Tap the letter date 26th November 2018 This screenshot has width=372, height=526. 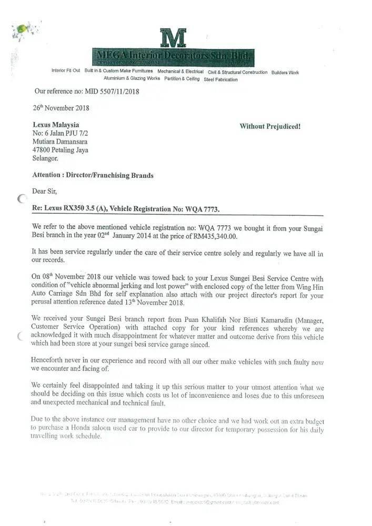coord(61,108)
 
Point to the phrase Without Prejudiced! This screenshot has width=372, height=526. coord(270,126)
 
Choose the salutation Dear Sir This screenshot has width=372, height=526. coord(46,191)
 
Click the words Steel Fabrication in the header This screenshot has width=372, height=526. coord(220,79)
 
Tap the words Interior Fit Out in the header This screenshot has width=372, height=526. coord(66,71)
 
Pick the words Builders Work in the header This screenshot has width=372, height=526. coord(285,72)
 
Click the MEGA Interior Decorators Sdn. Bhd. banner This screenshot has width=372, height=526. coord(173,56)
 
